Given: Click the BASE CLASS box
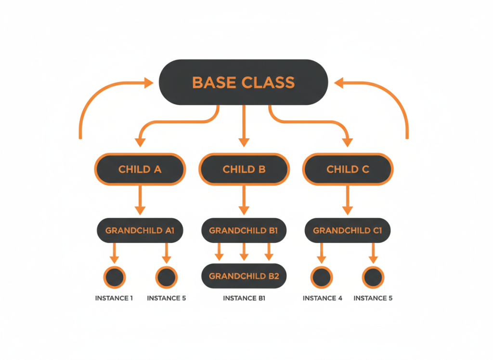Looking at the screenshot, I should [243, 82].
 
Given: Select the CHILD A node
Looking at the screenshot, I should [140, 169].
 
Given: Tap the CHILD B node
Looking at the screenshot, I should [244, 169].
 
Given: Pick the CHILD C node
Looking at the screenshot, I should [348, 169].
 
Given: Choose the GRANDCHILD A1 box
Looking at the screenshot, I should [140, 230].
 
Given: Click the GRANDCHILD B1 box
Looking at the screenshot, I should [244, 230].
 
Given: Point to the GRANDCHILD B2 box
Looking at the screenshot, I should [244, 276].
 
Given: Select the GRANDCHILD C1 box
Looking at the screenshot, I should [348, 230].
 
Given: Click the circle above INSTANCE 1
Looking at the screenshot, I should [114, 277].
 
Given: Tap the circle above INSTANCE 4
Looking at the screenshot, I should [322, 277].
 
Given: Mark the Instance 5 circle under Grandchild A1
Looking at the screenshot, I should [166, 277].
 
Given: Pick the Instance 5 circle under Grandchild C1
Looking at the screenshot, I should [373, 277].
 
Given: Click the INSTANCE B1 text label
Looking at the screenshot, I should [244, 298].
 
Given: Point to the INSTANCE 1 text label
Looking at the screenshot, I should [114, 298].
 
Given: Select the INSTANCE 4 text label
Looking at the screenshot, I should [322, 298].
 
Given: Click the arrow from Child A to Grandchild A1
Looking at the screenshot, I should [140, 200].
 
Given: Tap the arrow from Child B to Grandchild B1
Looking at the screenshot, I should [244, 200].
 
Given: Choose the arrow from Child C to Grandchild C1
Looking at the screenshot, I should [348, 200].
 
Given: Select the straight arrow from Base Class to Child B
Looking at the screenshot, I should [244, 125].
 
